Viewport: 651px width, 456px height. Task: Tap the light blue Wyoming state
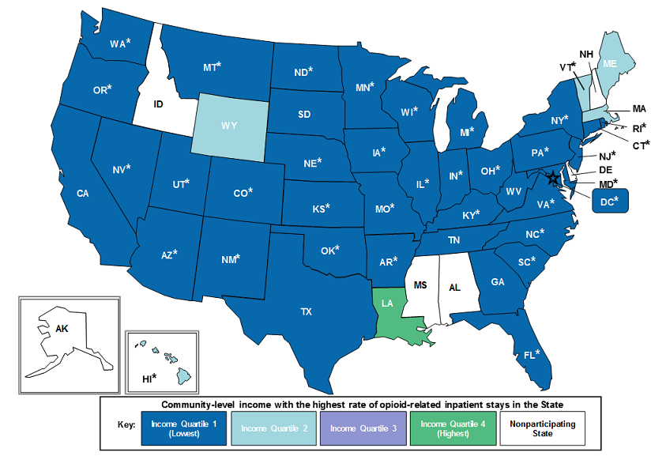(x=228, y=126)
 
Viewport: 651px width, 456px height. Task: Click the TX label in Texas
(x=306, y=312)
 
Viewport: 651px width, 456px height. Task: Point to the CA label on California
(x=82, y=193)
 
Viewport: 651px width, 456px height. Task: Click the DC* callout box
(x=609, y=201)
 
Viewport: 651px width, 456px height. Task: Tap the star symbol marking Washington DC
(x=553, y=179)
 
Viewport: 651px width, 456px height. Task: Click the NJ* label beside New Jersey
(x=607, y=156)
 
